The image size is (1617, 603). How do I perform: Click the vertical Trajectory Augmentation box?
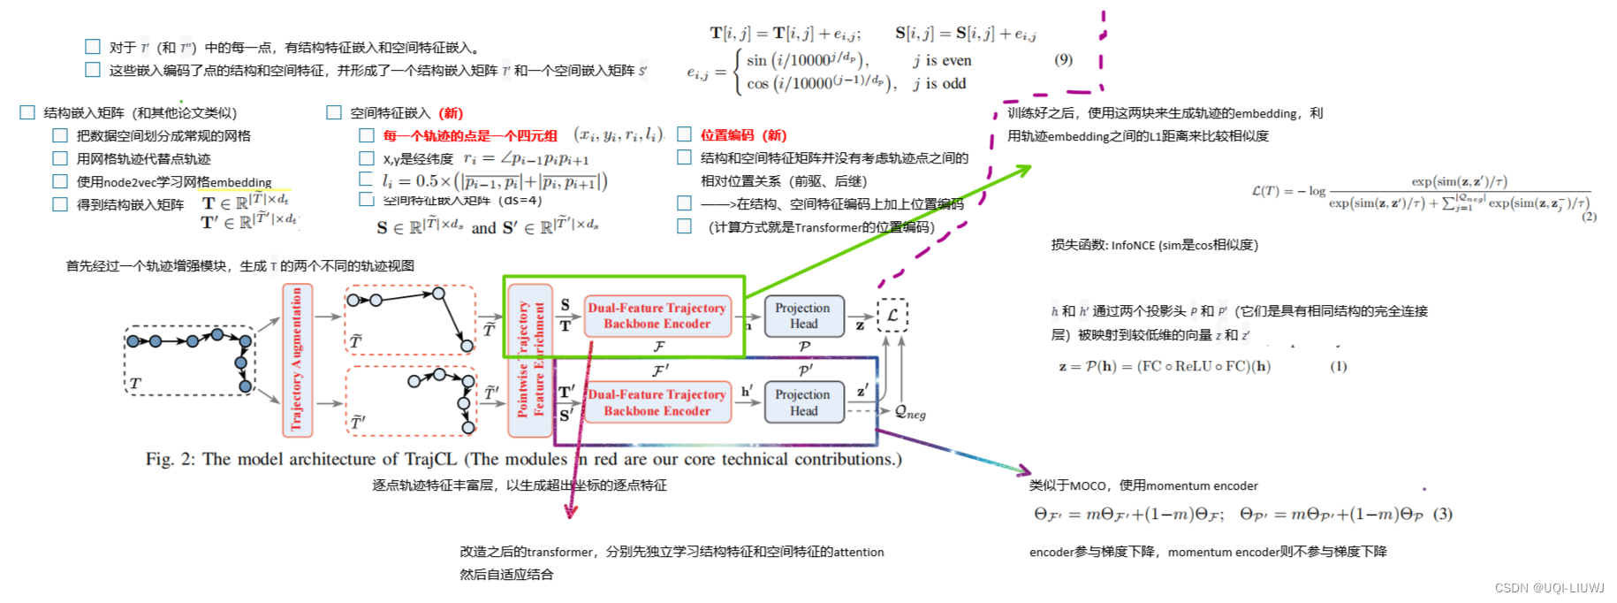click(296, 360)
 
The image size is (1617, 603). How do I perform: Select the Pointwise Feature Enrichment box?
click(530, 360)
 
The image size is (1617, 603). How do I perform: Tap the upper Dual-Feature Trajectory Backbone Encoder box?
click(657, 316)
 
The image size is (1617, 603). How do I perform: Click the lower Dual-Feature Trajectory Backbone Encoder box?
click(657, 402)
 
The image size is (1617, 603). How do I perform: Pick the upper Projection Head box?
click(803, 316)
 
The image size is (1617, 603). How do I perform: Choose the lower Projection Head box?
click(803, 402)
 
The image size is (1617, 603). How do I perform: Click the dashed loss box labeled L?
click(892, 315)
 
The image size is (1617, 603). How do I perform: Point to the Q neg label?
click(909, 412)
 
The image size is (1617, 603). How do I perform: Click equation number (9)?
click(1063, 59)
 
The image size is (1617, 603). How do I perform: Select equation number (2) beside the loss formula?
click(1589, 217)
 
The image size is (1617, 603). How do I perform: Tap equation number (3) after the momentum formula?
click(1442, 514)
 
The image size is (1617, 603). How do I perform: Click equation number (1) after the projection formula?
click(1338, 366)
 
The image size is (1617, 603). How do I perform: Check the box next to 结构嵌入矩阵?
click(27, 112)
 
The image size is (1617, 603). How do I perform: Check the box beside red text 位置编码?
click(684, 134)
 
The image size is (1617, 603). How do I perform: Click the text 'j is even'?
click(942, 60)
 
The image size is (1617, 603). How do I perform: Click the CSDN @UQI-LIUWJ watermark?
click(1549, 588)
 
